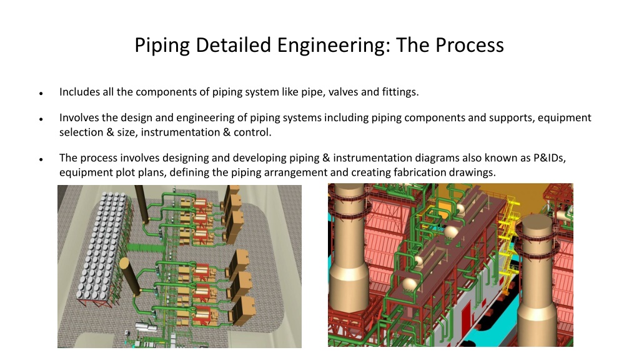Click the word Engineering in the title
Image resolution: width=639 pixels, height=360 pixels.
[331, 45]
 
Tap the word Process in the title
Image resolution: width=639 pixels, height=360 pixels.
[470, 45]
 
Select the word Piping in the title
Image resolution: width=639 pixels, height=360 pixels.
[162, 46]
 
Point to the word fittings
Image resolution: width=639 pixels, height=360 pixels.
[400, 92]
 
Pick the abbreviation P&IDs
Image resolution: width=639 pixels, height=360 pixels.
[550, 157]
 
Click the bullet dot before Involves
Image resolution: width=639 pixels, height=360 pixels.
[41, 119]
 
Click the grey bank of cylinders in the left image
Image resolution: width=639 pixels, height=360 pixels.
[102, 244]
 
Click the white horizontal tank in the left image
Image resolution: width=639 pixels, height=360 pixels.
[146, 327]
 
